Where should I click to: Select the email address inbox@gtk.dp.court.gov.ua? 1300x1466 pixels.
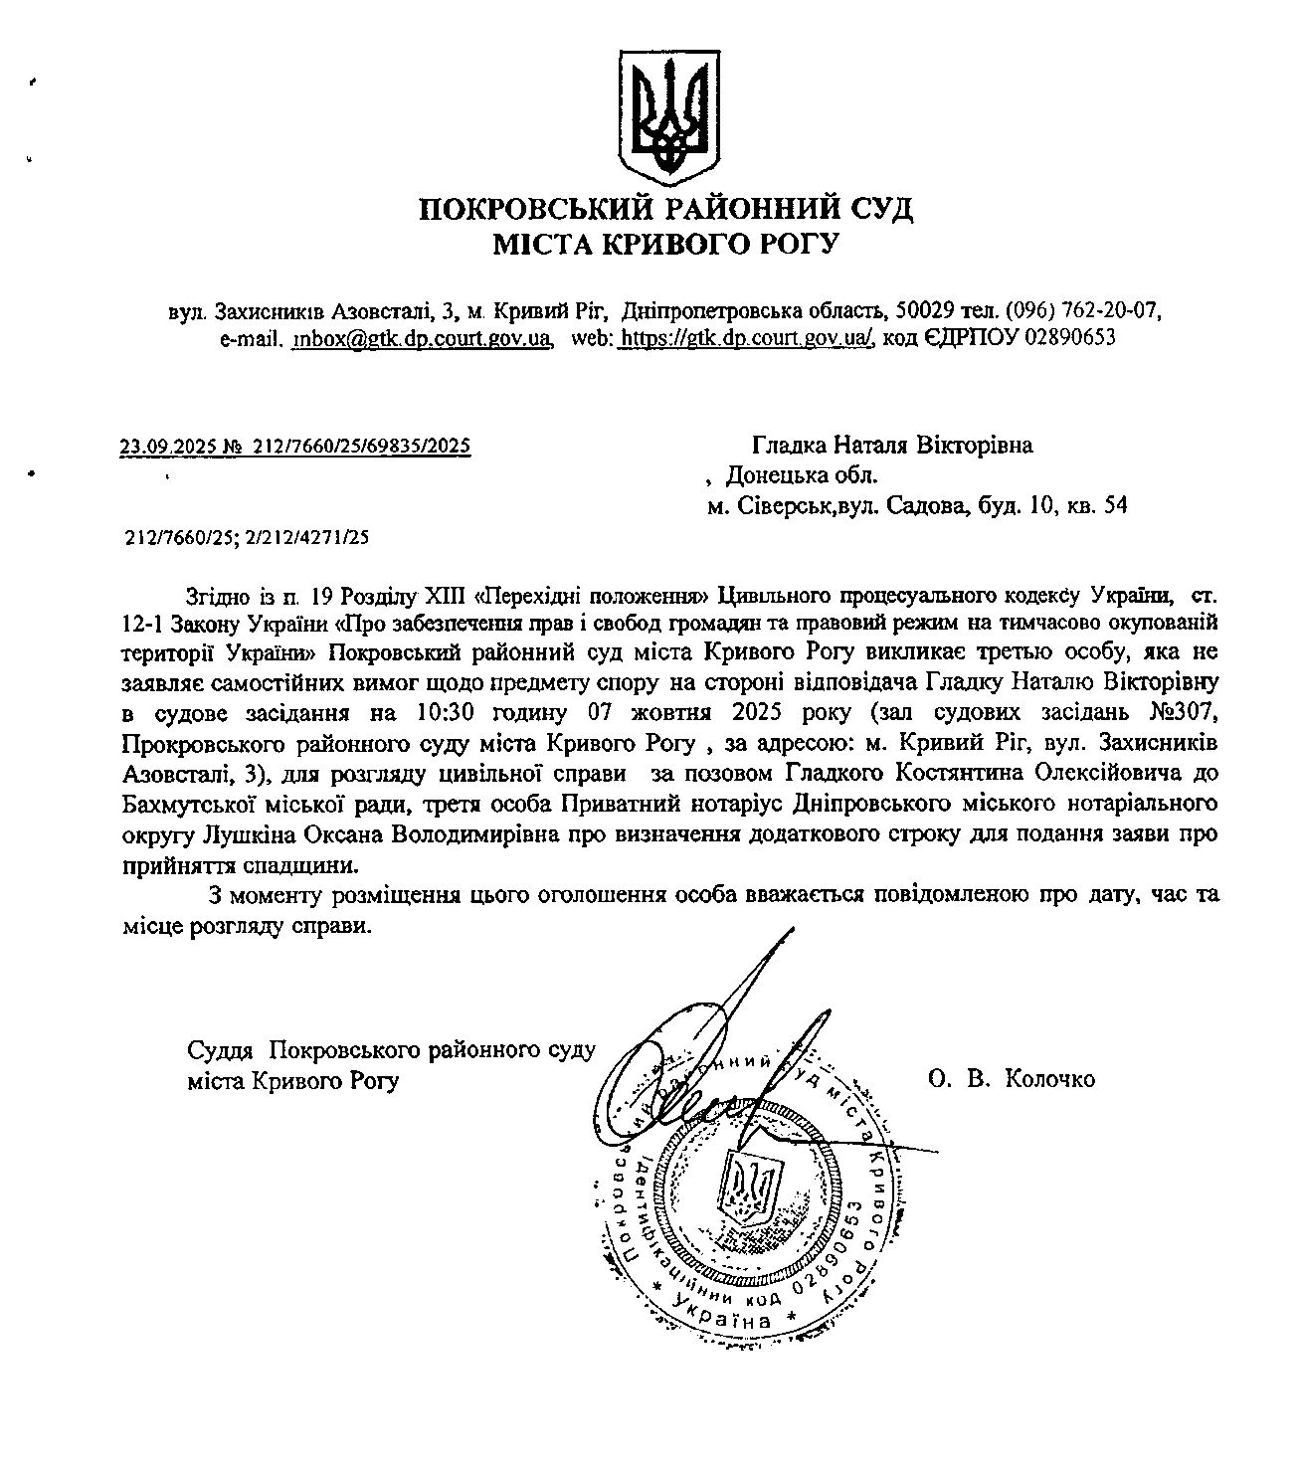tap(423, 338)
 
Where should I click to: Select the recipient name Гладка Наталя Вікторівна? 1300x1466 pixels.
tap(892, 445)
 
